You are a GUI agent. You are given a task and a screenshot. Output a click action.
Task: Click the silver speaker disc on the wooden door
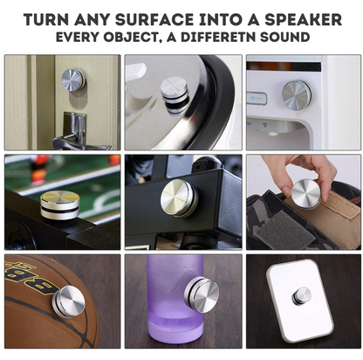[73, 80]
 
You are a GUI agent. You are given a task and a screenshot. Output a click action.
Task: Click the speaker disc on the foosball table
[60, 204]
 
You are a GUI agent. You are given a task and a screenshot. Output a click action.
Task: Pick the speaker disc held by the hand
[305, 193]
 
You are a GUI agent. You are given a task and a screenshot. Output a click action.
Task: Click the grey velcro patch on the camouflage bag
[279, 230]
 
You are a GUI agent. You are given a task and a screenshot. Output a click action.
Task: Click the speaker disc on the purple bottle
[203, 294]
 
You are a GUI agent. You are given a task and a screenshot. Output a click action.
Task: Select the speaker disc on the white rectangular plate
[301, 295]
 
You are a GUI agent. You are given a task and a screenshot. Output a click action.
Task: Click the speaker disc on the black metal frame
[180, 198]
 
